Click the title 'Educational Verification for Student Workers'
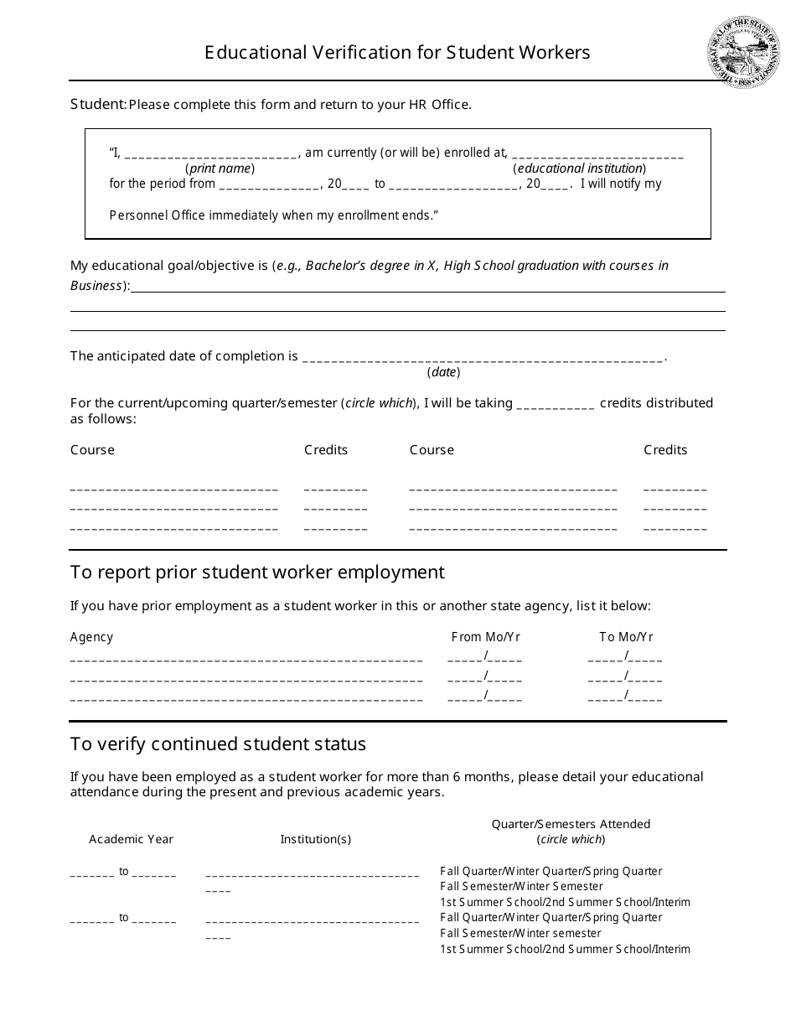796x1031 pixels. (x=397, y=53)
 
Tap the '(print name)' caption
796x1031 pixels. (x=220, y=168)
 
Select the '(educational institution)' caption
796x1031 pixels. (x=579, y=168)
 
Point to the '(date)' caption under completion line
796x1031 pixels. (x=443, y=372)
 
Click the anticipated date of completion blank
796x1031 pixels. (x=482, y=358)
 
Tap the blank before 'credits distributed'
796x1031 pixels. (x=556, y=404)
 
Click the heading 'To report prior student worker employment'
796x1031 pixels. (x=257, y=572)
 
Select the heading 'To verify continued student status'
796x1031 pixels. (x=218, y=744)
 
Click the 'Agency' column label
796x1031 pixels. (x=91, y=637)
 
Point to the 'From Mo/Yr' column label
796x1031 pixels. (x=485, y=637)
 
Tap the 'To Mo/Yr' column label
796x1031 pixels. (x=626, y=637)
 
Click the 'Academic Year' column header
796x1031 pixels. (x=131, y=839)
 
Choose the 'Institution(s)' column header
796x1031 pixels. (x=315, y=839)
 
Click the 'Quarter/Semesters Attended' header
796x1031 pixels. (x=570, y=824)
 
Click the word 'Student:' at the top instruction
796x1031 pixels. (x=98, y=105)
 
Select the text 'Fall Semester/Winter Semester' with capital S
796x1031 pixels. (x=521, y=886)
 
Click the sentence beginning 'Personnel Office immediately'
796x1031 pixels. (x=274, y=215)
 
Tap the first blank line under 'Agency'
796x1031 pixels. (x=246, y=658)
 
